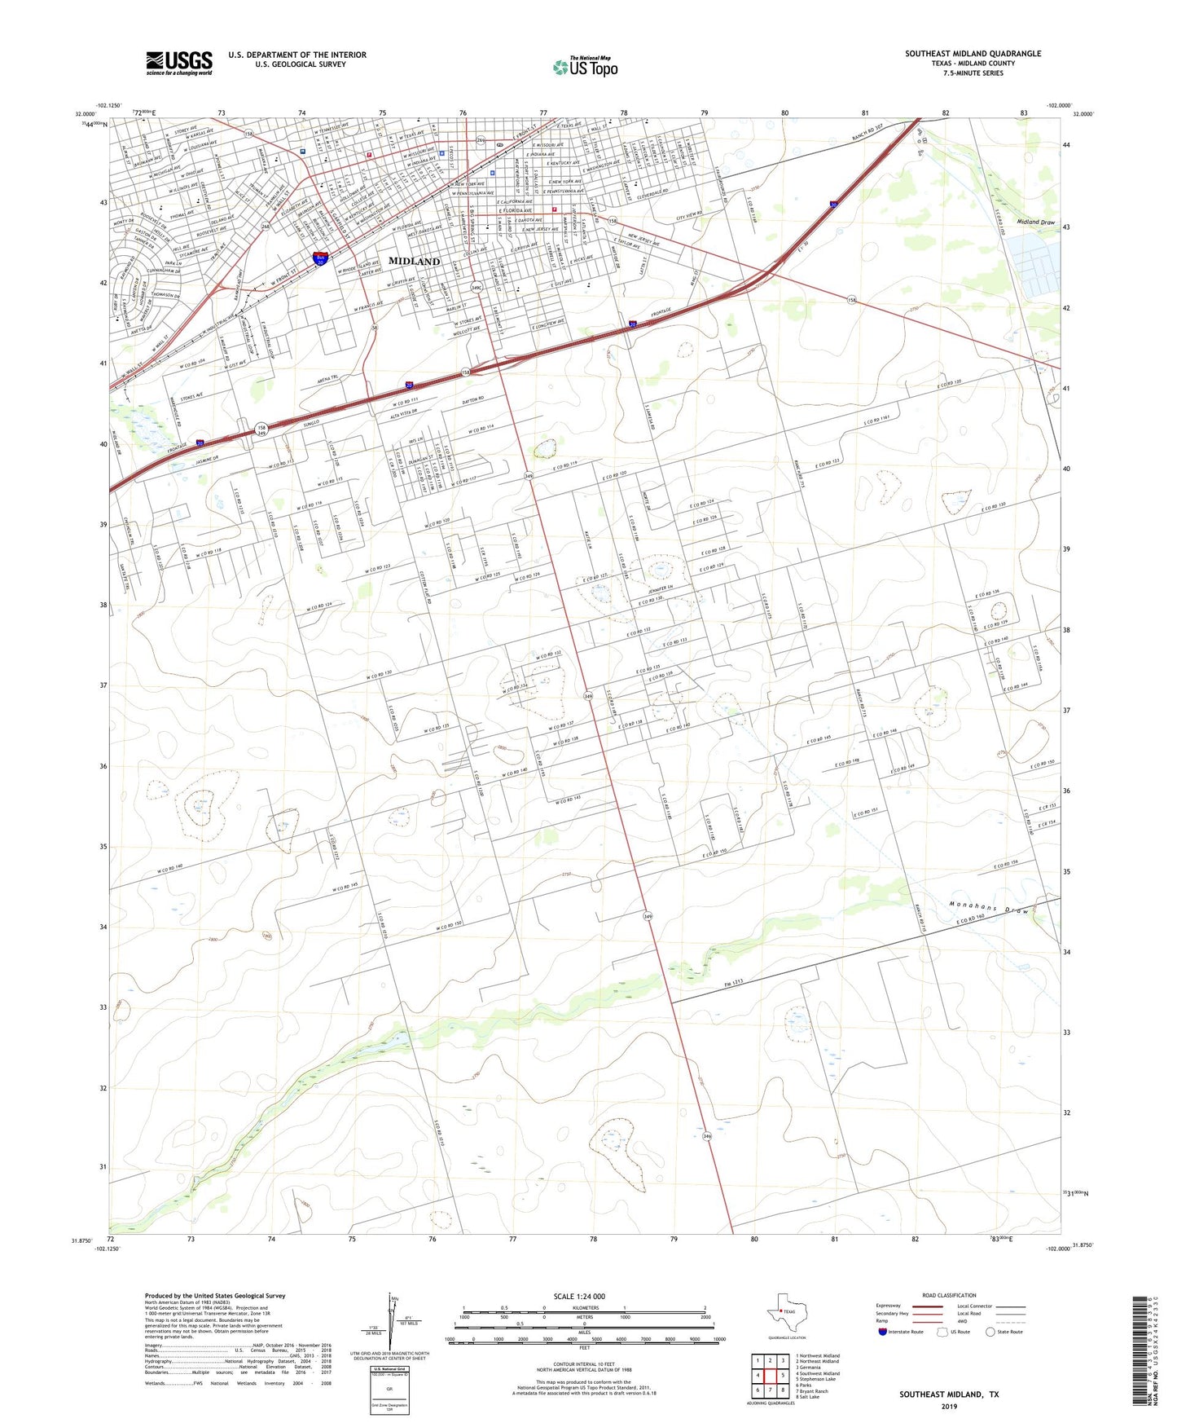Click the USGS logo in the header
(x=179, y=63)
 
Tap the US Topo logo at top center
(x=585, y=67)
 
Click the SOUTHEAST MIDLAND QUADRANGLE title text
(x=973, y=54)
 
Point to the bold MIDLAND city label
(x=414, y=261)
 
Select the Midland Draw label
(x=1035, y=222)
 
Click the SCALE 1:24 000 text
(x=579, y=1297)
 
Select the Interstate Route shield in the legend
(x=883, y=1332)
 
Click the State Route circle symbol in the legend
(x=990, y=1332)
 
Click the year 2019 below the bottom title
(x=949, y=1406)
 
